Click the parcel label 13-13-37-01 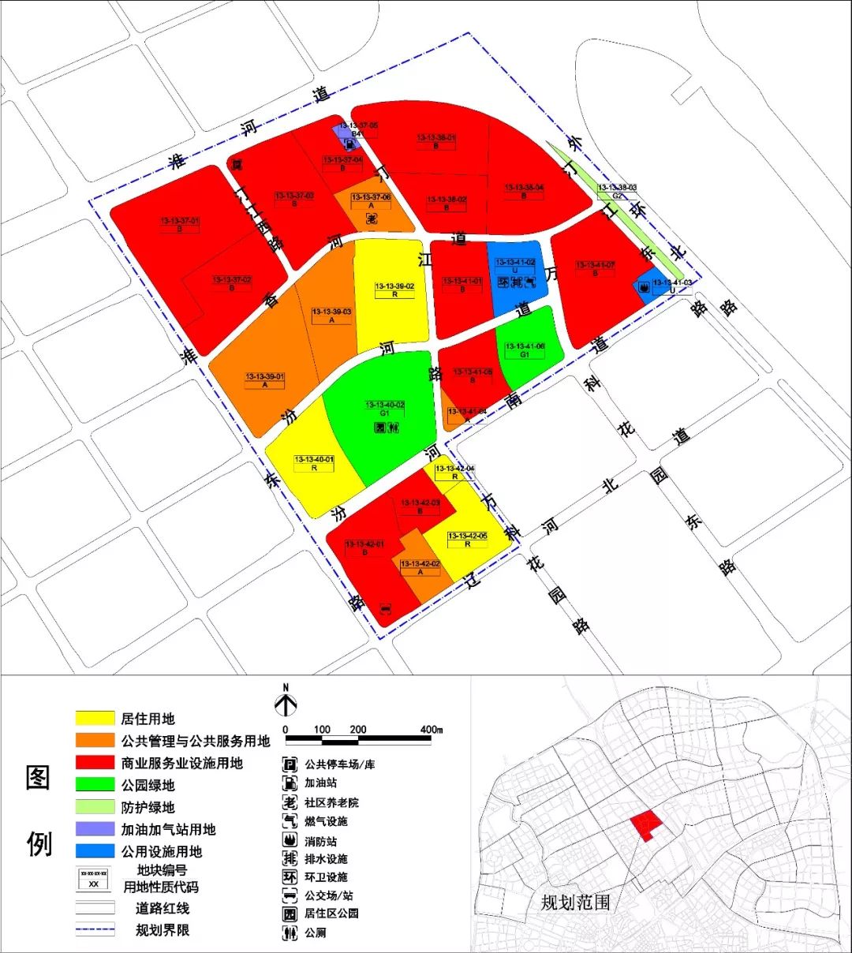tap(180, 222)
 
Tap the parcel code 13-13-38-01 tap(436, 138)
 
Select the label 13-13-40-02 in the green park tap(385, 405)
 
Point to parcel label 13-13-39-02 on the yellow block tap(394, 286)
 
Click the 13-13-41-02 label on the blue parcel tap(515, 263)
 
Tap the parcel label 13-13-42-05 tap(468, 536)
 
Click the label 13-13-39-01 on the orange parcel tap(265, 377)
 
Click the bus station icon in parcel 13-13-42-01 tap(386, 608)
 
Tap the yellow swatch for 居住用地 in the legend tap(95, 719)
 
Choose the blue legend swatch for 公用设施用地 tap(95, 851)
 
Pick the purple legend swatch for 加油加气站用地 tap(95, 829)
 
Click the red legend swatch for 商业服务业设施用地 tap(95, 763)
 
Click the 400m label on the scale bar tap(431, 730)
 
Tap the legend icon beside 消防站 tap(290, 841)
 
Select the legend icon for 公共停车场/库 tap(290, 764)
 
